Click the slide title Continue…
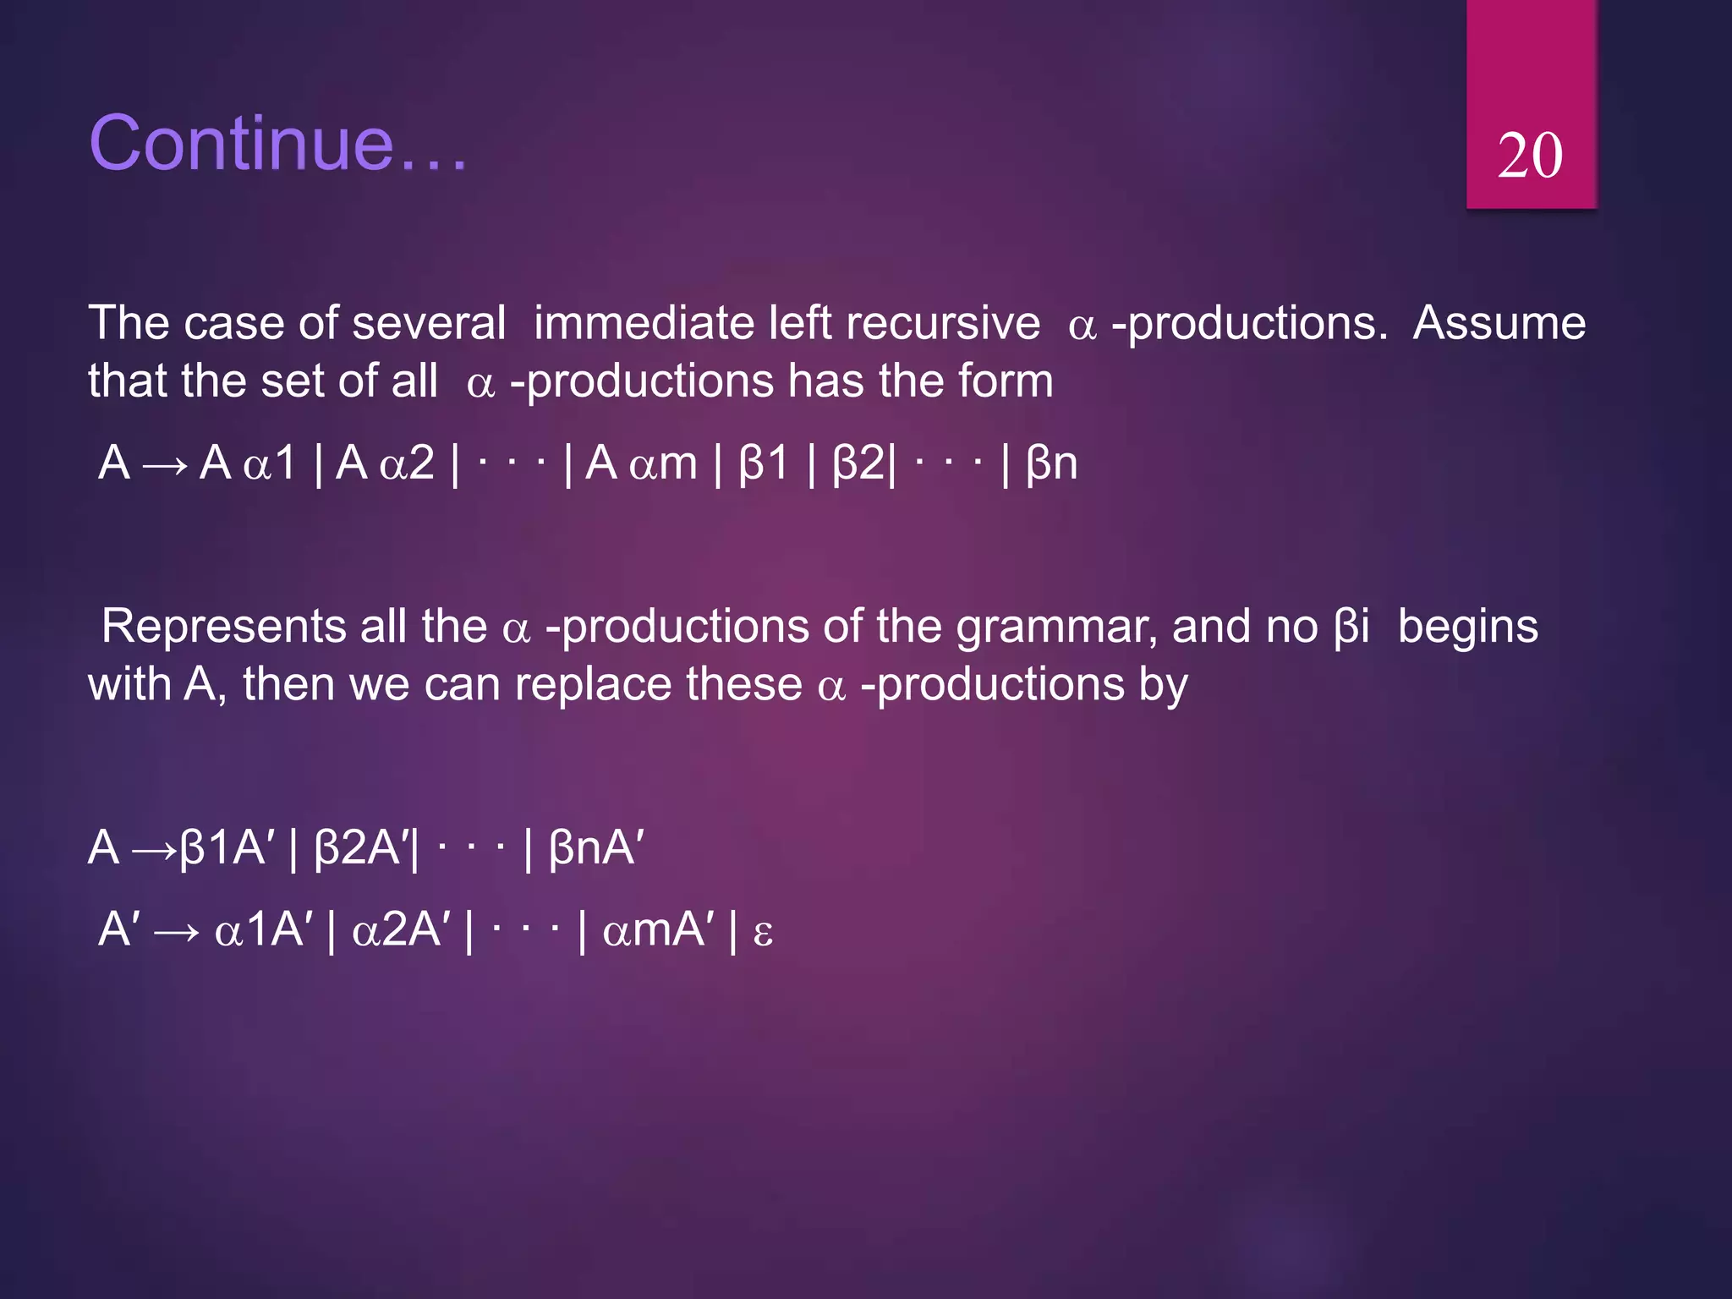(x=277, y=143)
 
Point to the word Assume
(x=1499, y=324)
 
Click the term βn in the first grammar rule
(x=1051, y=463)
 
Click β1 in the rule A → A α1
(x=763, y=463)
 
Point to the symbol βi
(x=1351, y=628)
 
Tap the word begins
(x=1467, y=628)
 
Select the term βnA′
(x=596, y=847)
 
